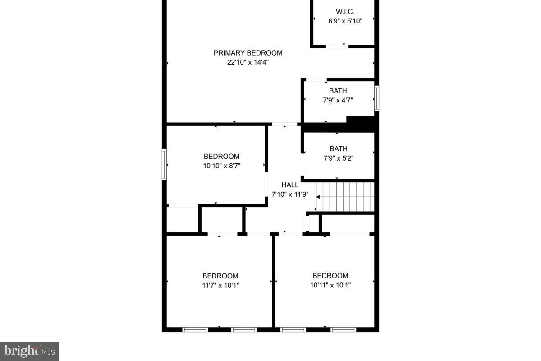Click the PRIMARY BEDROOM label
(x=248, y=53)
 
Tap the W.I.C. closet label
(x=345, y=11)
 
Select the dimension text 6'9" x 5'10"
(x=345, y=20)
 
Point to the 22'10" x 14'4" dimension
(x=248, y=62)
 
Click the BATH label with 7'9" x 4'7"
(x=338, y=91)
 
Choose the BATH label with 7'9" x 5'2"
(x=339, y=148)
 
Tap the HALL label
(x=290, y=185)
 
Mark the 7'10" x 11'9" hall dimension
(x=290, y=194)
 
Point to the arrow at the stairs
(x=318, y=197)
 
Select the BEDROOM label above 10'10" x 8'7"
(x=221, y=157)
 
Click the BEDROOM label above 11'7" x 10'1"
(x=220, y=276)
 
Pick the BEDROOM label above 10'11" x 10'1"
(x=330, y=276)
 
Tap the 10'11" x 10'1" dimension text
(x=330, y=285)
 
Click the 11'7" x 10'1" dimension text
(x=220, y=285)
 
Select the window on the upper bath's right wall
(x=377, y=98)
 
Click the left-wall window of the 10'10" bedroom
(x=165, y=165)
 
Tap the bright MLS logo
(x=29, y=351)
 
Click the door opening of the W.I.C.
(x=337, y=46)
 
